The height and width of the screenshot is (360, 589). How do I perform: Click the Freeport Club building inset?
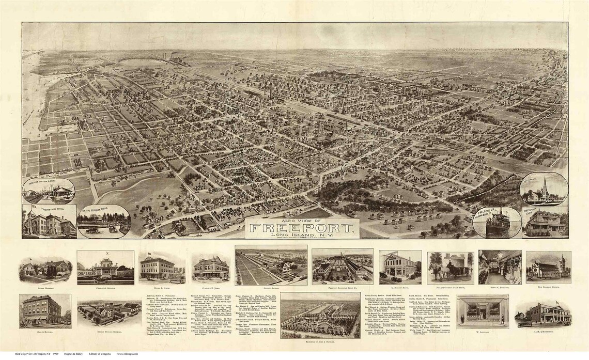(545, 223)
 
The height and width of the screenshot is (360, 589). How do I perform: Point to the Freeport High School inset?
(49, 222)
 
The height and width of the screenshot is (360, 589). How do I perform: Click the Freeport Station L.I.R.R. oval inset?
(49, 191)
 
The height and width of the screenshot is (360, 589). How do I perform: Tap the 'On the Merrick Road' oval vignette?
(103, 222)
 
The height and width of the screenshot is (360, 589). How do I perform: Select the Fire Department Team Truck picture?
(450, 268)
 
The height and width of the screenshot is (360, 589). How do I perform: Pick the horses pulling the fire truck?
(440, 272)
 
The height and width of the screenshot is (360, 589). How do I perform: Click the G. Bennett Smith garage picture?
(399, 267)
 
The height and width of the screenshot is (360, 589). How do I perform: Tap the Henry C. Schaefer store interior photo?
(499, 267)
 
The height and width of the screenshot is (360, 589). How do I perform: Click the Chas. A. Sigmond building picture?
(105, 268)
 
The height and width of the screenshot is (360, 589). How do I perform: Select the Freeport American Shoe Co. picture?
(342, 267)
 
